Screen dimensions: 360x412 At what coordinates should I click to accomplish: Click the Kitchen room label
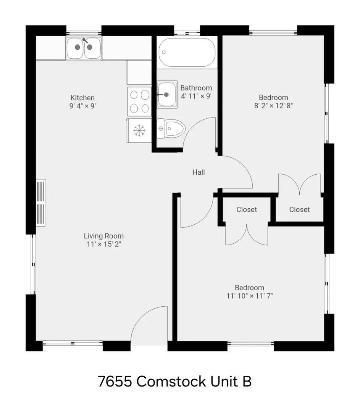point(82,98)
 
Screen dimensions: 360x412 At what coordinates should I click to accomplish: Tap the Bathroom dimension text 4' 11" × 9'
point(196,96)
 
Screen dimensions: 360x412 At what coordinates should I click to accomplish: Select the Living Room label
point(103,236)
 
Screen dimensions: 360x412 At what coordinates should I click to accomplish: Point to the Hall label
point(199,172)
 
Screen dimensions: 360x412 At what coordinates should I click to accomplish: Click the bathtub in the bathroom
point(187,52)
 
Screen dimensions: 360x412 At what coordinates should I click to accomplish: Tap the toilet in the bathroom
point(171,129)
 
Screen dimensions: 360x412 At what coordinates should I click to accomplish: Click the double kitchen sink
point(84,48)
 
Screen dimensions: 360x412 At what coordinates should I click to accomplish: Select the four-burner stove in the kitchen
point(139,101)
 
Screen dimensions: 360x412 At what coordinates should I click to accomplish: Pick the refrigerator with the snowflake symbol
point(139,130)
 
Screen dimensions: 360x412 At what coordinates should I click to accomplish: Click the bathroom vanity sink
point(167,95)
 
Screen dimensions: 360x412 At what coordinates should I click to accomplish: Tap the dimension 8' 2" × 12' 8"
point(273,106)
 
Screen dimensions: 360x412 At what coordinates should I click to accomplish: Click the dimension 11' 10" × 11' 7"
point(250,296)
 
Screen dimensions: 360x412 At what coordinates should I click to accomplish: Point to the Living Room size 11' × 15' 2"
point(104,244)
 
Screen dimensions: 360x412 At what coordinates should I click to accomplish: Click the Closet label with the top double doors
point(300,209)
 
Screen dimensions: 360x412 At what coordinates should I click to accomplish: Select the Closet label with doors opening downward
point(246,209)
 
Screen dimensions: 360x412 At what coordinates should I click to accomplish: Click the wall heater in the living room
point(41,203)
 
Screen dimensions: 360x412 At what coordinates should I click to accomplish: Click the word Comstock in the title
point(171,381)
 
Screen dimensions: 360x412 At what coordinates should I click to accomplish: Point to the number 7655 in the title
point(115,381)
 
